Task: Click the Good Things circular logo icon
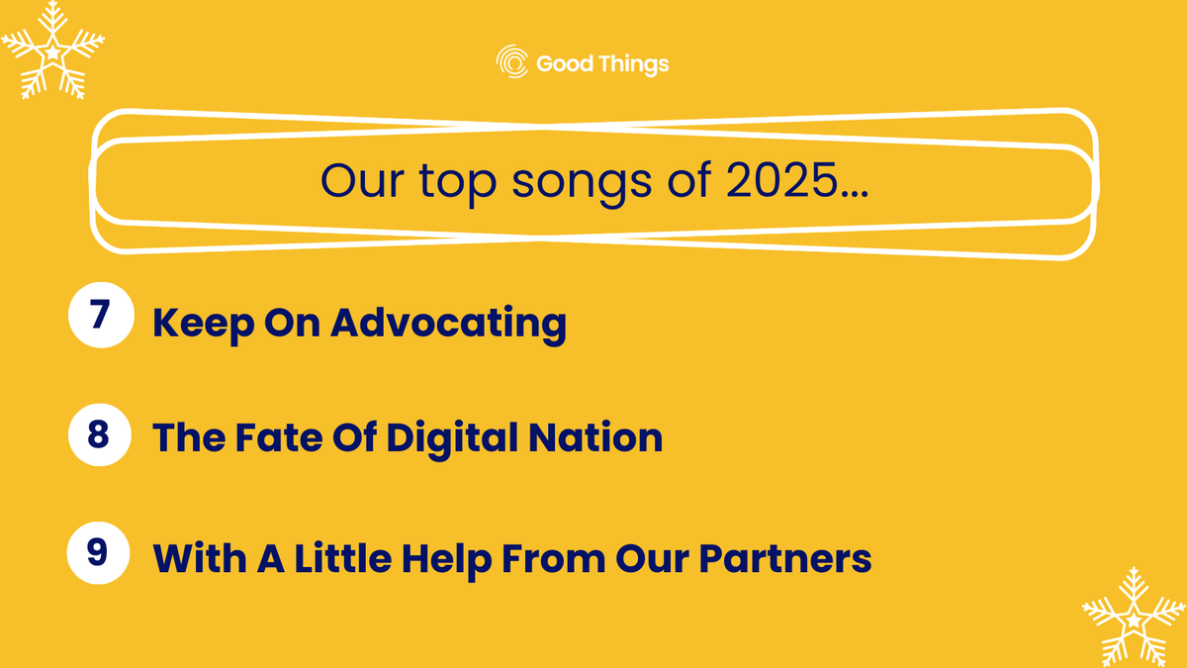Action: point(512,62)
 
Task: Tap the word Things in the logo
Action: point(634,64)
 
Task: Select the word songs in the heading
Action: point(558,183)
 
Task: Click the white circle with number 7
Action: point(99,316)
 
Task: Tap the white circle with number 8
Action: point(99,433)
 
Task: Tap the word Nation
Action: point(602,437)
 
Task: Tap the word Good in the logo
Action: point(565,64)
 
